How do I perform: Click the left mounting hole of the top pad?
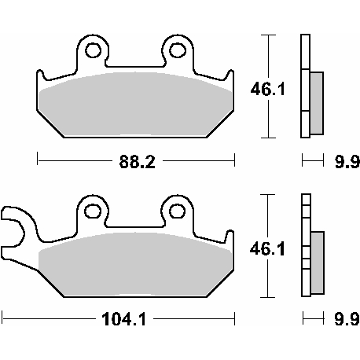pos(93,52)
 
